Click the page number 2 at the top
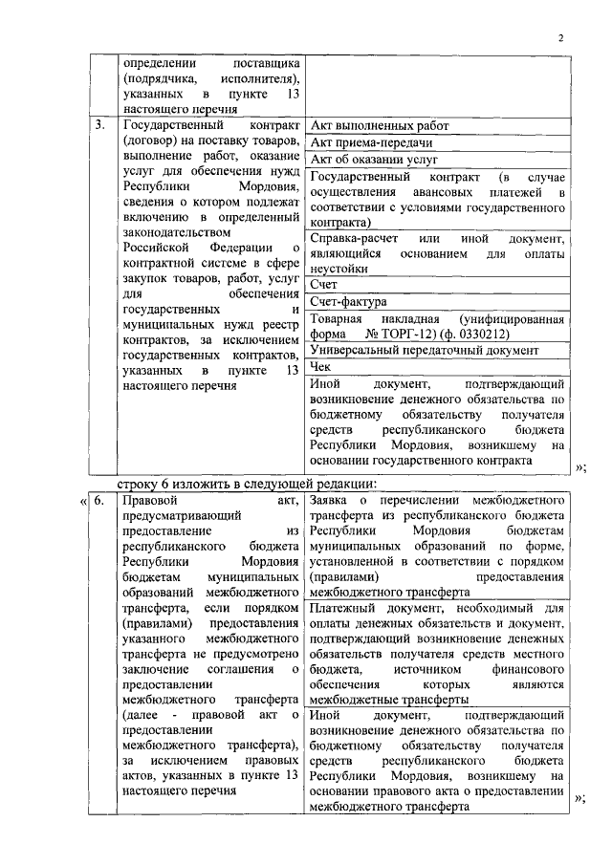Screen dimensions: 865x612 (561, 37)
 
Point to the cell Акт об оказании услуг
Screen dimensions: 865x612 (373, 160)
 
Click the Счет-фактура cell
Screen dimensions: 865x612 (342, 301)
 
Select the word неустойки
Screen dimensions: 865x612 (339, 269)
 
